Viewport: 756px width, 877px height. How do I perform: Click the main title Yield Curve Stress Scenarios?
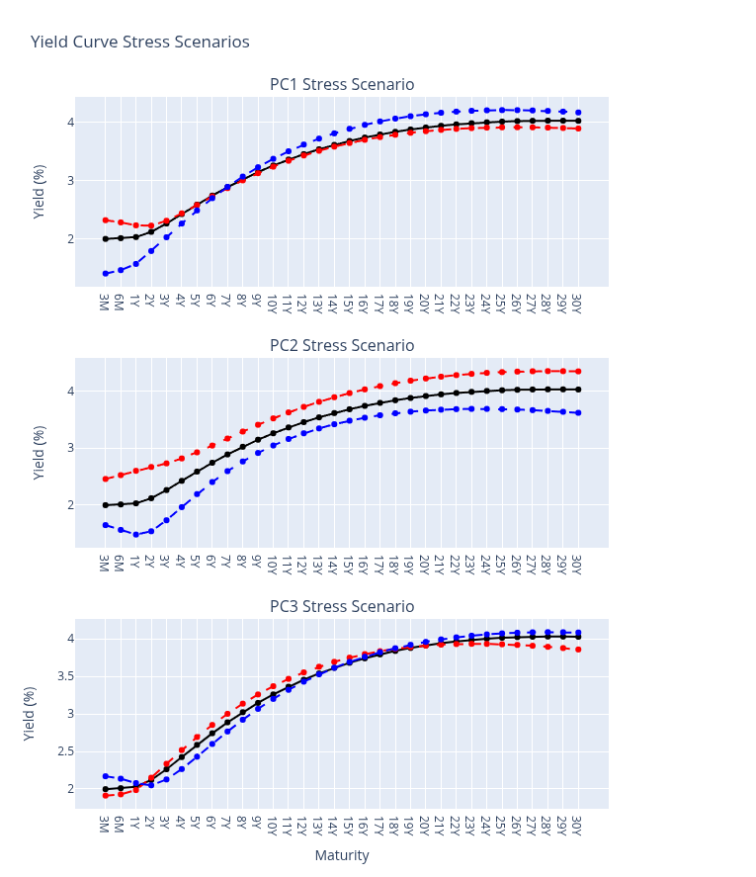pos(139,42)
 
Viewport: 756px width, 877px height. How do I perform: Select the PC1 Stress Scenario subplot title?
pos(342,85)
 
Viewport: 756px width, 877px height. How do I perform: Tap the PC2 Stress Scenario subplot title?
pos(342,346)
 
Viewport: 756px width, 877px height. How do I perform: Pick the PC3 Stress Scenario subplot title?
pos(342,607)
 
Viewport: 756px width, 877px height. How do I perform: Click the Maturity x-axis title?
pos(342,855)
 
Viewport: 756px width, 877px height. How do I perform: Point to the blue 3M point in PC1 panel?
pos(106,274)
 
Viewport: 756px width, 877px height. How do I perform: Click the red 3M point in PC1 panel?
pos(106,220)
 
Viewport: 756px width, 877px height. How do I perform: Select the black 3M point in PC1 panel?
pos(106,238)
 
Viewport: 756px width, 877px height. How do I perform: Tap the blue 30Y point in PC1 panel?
pos(578,113)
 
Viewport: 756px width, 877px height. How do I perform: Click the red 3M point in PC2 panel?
pos(106,479)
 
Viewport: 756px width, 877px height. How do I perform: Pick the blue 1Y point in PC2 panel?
pos(135,535)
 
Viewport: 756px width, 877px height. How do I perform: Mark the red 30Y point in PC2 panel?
pos(578,372)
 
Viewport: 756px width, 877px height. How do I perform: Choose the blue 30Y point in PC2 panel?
pos(578,413)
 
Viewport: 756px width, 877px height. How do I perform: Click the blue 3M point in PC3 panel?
pos(106,776)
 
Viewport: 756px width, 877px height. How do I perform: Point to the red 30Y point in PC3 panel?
pos(578,650)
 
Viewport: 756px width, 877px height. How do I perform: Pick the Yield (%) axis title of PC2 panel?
pos(40,453)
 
